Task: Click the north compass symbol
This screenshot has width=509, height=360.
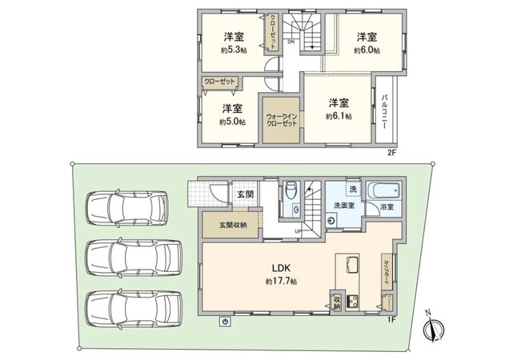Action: [433, 327]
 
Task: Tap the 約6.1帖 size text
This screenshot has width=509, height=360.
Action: [336, 116]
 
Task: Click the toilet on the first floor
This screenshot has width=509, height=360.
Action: [291, 192]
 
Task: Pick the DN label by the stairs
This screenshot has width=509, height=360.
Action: [291, 42]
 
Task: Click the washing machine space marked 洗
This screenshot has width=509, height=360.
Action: [352, 189]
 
